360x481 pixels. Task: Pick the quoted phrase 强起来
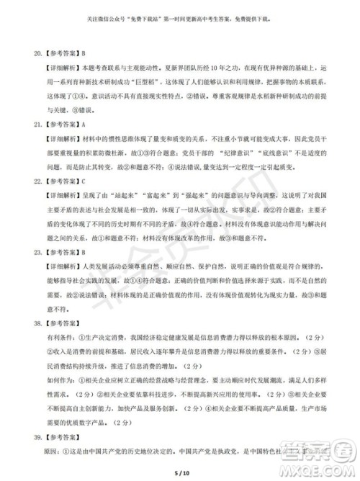point(183,195)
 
